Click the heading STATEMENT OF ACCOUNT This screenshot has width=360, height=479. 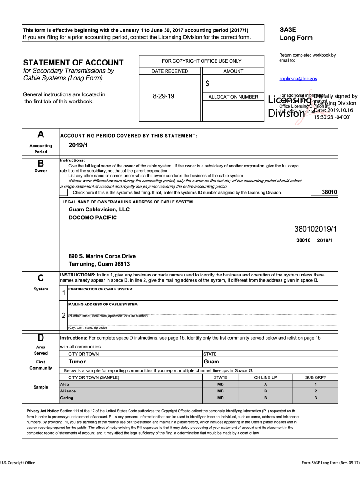[73, 63]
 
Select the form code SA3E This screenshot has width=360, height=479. [288, 29]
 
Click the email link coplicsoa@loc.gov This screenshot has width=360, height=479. [298, 79]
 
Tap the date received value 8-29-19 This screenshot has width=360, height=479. [164, 96]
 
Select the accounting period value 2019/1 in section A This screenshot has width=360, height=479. [78, 145]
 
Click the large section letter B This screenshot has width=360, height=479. [41, 164]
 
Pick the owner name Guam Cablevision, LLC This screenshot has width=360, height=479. [99, 210]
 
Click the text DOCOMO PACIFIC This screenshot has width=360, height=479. [93, 218]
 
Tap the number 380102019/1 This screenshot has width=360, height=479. [316, 229]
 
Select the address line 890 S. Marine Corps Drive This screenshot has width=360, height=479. [102, 256]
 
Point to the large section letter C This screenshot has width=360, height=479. [41, 278]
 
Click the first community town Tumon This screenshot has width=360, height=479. [78, 362]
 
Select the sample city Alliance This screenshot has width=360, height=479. [68, 391]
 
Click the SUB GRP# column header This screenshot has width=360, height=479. [315, 377]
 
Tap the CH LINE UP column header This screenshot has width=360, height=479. [266, 377]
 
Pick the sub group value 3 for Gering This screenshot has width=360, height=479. [315, 398]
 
